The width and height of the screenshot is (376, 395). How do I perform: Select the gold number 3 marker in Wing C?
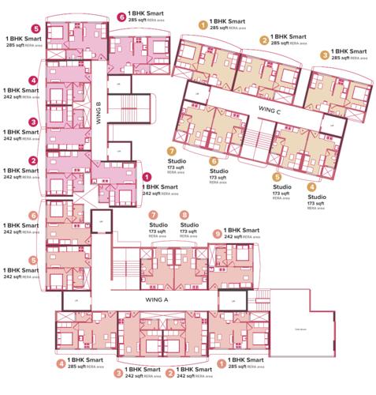tap(323, 55)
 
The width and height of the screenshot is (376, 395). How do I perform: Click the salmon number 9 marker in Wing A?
tap(217, 234)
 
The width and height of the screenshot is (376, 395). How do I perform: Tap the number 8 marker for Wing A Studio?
tap(184, 214)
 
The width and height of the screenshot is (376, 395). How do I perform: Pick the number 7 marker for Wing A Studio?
tap(154, 214)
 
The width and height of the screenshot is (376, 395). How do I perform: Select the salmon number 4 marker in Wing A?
tap(61, 364)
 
